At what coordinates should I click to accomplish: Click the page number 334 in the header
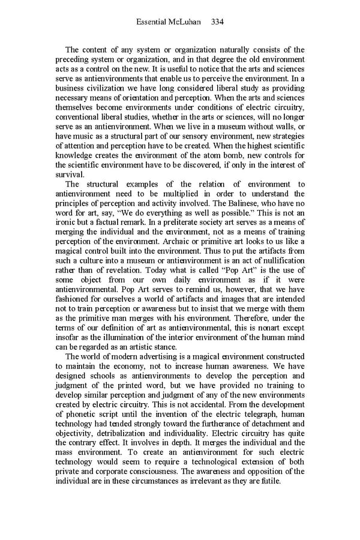click(217, 22)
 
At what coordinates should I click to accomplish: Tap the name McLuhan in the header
click(186, 22)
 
